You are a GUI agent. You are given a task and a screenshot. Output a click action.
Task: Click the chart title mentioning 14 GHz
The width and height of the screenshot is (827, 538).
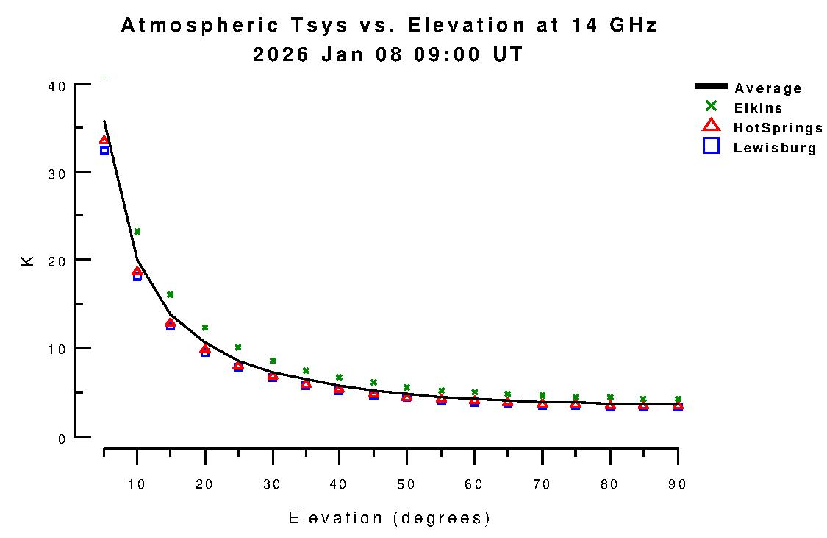[389, 26]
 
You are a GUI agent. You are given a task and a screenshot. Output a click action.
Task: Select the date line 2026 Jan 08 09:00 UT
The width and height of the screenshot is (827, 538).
[389, 55]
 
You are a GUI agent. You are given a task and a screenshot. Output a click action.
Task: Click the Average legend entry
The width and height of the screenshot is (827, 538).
[767, 88]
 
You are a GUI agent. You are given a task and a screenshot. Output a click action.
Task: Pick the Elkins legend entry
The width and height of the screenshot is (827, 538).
[757, 108]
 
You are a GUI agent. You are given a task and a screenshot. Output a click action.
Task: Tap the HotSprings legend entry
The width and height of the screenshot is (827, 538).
[778, 128]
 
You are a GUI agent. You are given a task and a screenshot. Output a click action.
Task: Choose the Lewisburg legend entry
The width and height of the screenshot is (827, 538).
[774, 148]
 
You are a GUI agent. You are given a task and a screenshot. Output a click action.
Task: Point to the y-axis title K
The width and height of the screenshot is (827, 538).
[28, 261]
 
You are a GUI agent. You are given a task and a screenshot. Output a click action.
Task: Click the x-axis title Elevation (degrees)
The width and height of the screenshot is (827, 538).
[390, 518]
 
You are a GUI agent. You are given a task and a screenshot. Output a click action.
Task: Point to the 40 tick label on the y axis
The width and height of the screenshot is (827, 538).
[58, 86]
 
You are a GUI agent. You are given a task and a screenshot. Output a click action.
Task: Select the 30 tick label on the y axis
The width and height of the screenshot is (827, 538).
[58, 173]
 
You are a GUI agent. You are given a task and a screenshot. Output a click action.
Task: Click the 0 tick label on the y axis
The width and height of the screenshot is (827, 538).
[62, 439]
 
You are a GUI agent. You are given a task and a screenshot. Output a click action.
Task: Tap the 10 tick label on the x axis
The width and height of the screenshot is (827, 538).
[137, 484]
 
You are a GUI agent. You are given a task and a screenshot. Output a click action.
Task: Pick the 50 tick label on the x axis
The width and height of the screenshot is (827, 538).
[407, 484]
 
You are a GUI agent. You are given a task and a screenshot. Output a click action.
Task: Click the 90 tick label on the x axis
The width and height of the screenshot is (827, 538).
[677, 484]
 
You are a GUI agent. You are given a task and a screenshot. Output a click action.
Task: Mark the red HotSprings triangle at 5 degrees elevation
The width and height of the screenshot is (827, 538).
[104, 141]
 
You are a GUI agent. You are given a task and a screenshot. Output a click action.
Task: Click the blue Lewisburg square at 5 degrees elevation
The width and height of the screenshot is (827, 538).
[104, 151]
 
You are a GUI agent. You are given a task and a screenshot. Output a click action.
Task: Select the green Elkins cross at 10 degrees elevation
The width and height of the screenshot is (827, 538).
[137, 232]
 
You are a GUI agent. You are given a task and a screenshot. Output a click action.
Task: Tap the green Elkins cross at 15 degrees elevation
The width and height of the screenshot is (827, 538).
[171, 294]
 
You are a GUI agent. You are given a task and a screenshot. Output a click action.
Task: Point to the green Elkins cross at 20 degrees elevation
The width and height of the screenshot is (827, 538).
[205, 328]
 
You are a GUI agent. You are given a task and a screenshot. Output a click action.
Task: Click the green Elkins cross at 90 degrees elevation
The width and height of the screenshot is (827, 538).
[677, 399]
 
